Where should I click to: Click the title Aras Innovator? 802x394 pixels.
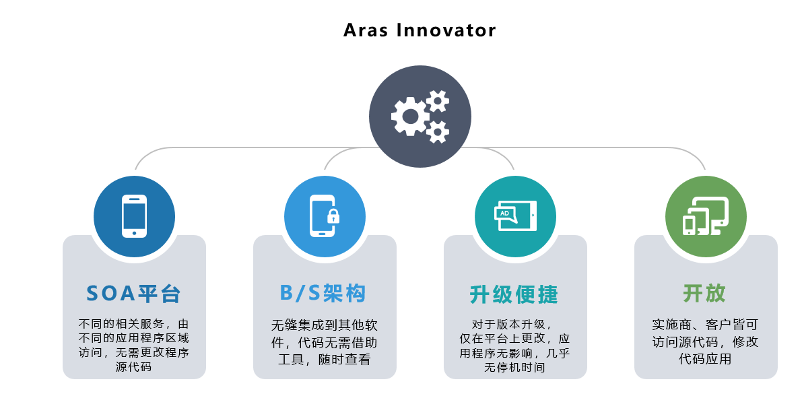click(420, 30)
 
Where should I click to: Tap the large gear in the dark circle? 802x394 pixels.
click(410, 117)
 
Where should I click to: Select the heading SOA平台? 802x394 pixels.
click(134, 294)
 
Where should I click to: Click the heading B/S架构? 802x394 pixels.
click(323, 294)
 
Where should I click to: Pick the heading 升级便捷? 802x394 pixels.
click(514, 295)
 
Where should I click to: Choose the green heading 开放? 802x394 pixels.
click(704, 293)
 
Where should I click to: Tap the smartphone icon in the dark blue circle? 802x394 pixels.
click(135, 216)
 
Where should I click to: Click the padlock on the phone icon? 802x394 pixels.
click(333, 216)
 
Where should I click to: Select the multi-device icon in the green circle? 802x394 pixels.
click(706, 216)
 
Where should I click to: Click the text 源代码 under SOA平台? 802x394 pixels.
click(134, 367)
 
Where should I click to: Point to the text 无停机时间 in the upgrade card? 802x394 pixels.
click(514, 367)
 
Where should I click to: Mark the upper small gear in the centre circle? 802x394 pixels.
click(437, 101)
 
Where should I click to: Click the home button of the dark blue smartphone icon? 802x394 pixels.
click(135, 233)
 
